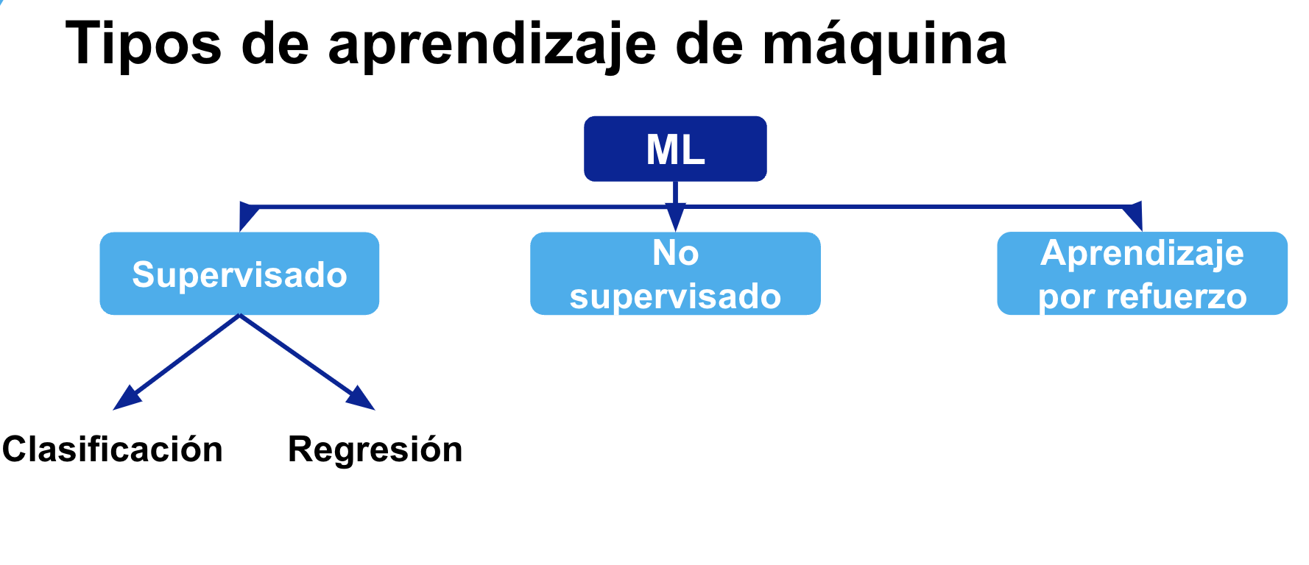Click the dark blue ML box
[x=675, y=149]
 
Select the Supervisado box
[x=239, y=274]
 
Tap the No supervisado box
[x=675, y=274]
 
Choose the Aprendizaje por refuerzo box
[x=1142, y=274]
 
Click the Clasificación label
[x=113, y=449]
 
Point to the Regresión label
[x=375, y=449]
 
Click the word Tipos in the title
[x=144, y=44]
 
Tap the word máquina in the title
[x=884, y=44]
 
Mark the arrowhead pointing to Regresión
[x=361, y=399]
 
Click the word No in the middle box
[x=675, y=254]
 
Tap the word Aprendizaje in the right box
[x=1142, y=254]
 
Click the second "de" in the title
[x=709, y=44]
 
